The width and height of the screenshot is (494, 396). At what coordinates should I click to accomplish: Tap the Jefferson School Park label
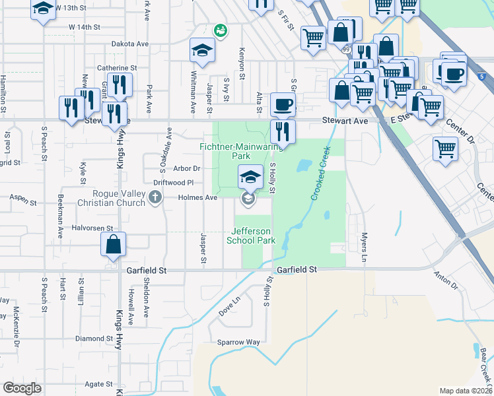pyautogui.click(x=251, y=236)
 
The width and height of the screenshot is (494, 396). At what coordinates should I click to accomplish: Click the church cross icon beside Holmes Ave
pyautogui.click(x=155, y=197)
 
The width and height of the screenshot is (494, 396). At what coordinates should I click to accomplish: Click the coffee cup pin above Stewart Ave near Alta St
pyautogui.click(x=283, y=104)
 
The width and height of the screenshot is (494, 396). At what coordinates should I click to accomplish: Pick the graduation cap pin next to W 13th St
pyautogui.click(x=43, y=9)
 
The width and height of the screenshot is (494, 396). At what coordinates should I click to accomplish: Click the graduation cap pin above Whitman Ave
pyautogui.click(x=202, y=49)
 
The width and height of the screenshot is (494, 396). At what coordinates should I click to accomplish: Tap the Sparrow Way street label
pyautogui.click(x=239, y=343)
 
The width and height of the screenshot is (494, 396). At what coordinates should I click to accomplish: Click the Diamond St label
pyautogui.click(x=90, y=339)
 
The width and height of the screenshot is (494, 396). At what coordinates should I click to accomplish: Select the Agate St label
pyautogui.click(x=98, y=384)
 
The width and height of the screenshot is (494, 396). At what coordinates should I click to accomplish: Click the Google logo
pyautogui.click(x=22, y=388)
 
